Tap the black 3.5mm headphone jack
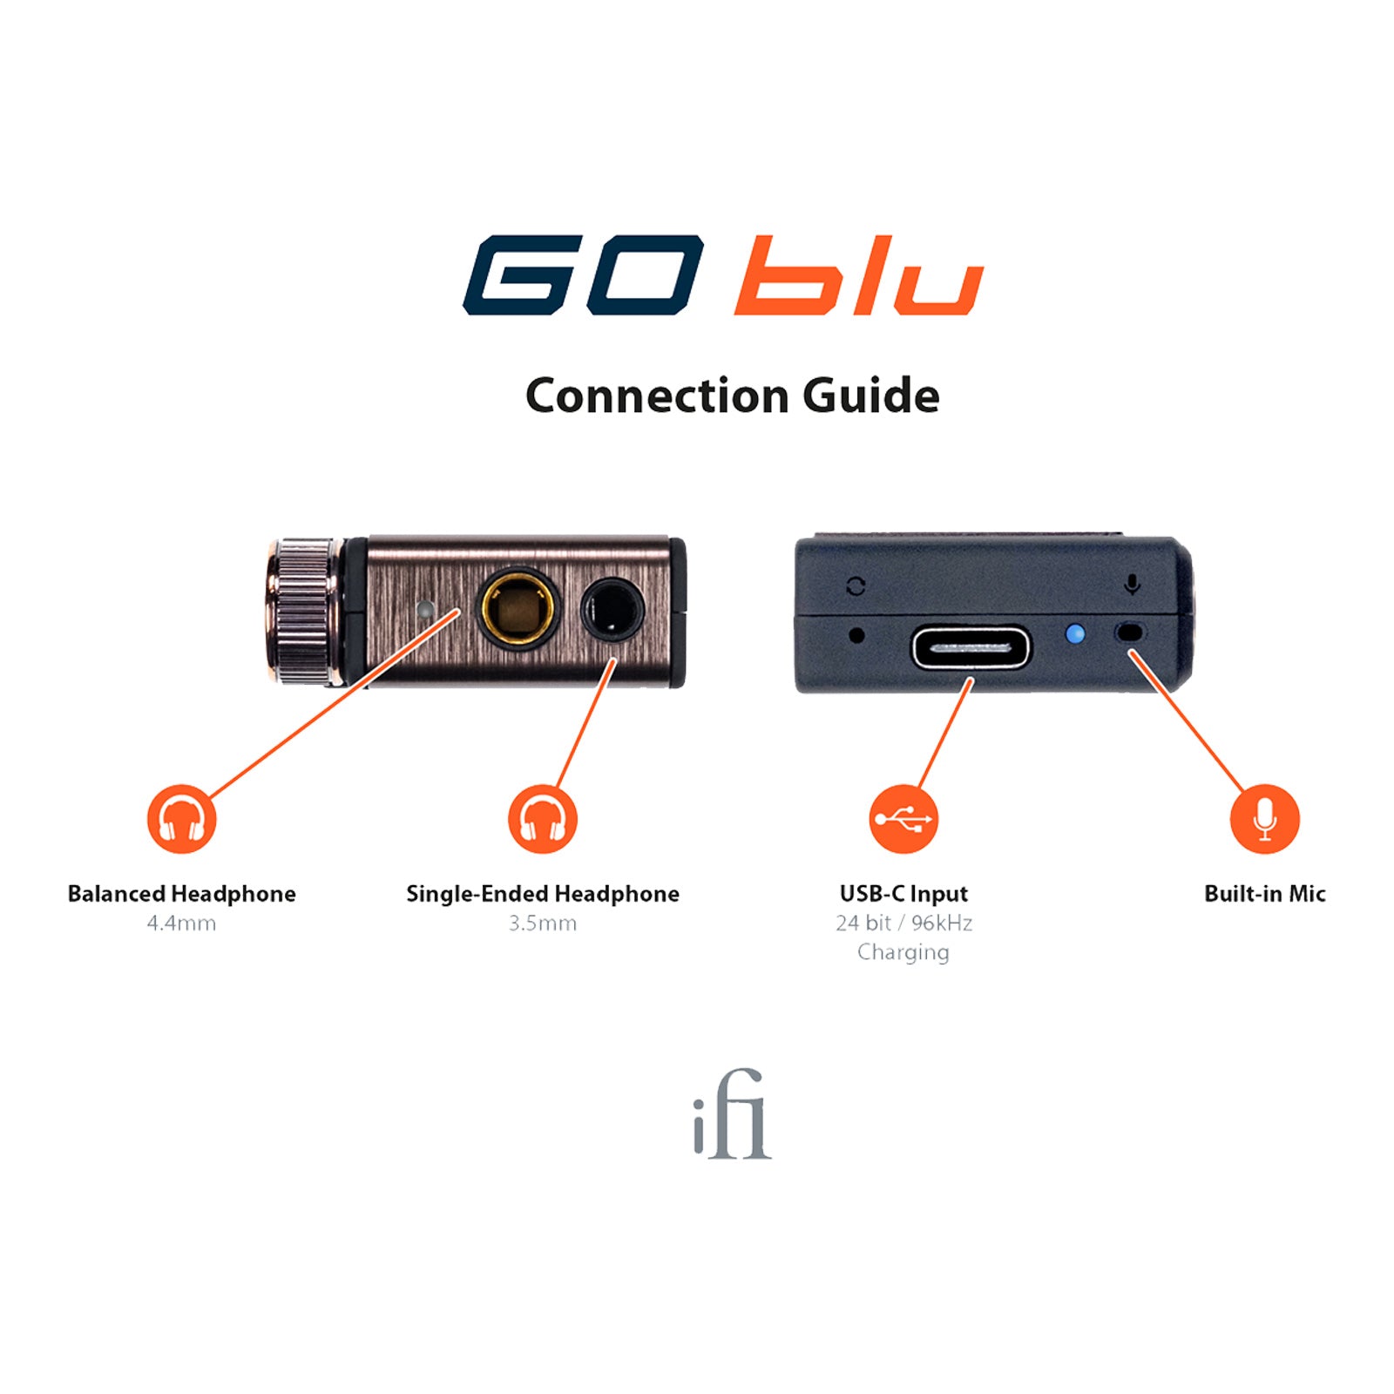click(x=612, y=609)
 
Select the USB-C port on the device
click(x=971, y=649)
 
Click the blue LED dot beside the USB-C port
click(x=1076, y=633)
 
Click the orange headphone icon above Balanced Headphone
click(x=181, y=819)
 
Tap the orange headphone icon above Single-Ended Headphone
click(x=542, y=819)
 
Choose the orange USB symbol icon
click(x=903, y=819)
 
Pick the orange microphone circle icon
click(x=1264, y=819)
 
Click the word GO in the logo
click(x=584, y=275)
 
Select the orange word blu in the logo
click(x=858, y=275)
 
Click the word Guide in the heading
click(x=870, y=396)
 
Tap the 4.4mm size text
click(x=181, y=924)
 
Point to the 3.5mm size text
click(x=542, y=924)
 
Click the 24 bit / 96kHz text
click(x=903, y=924)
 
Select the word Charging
click(x=903, y=952)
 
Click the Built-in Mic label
click(x=1264, y=894)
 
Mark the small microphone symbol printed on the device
click(x=1132, y=585)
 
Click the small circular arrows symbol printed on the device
click(x=856, y=586)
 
